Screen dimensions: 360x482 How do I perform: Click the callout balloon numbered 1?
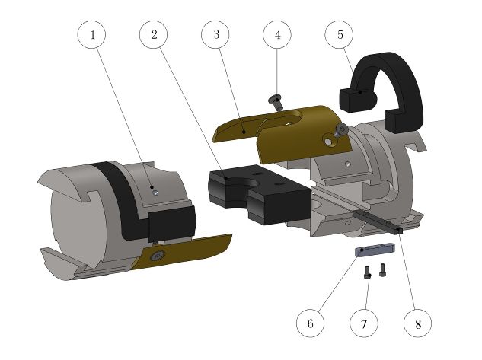pyautogui.click(x=92, y=35)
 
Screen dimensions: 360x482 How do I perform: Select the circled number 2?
pyautogui.click(x=154, y=35)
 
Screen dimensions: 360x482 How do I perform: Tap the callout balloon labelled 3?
pyautogui.click(x=216, y=35)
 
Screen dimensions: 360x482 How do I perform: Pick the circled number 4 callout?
pyautogui.click(x=278, y=35)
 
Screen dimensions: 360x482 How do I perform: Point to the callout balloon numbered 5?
pyautogui.click(x=340, y=35)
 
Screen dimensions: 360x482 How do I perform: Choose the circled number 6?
pyautogui.click(x=310, y=323)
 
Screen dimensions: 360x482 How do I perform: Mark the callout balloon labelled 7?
pyautogui.click(x=364, y=323)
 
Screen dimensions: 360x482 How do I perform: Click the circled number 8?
pyautogui.click(x=417, y=323)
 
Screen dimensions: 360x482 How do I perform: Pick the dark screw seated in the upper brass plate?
pyautogui.click(x=342, y=131)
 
